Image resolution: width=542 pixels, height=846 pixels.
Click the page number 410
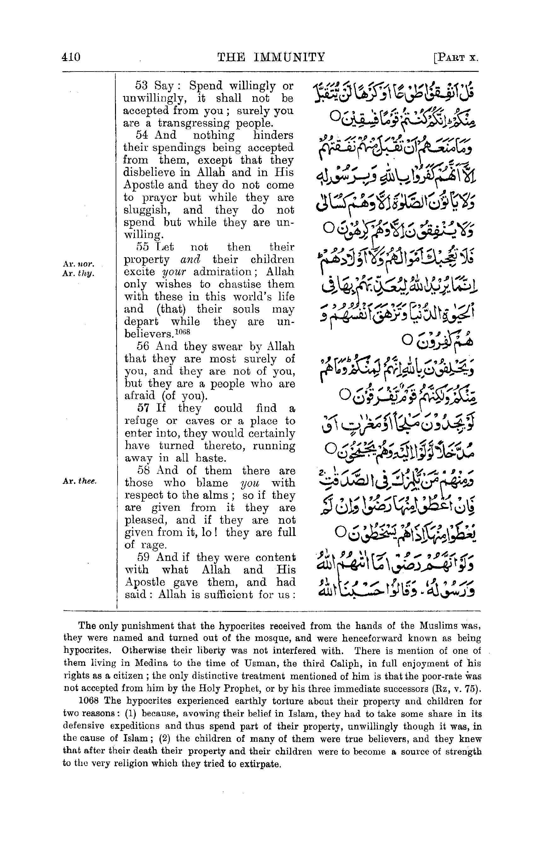71,57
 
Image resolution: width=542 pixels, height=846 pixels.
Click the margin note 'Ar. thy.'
78,273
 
